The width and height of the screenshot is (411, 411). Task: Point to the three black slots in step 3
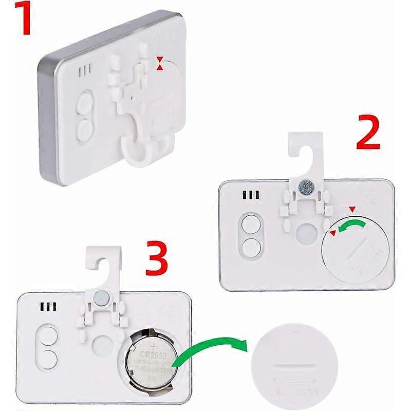(48, 307)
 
